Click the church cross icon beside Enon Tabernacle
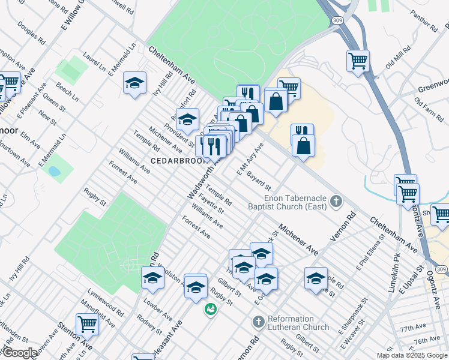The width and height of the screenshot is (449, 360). [336, 202]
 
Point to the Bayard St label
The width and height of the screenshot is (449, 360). [259, 179]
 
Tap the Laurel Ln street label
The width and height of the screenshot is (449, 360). [95, 58]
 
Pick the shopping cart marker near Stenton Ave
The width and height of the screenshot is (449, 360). [88, 325]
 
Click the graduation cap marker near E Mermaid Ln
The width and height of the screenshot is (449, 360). [135, 83]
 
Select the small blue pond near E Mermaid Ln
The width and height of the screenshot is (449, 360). [55, 171]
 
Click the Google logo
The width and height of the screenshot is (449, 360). [20, 353]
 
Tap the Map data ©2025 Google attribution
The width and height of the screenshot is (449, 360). [411, 355]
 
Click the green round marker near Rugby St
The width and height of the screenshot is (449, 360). [210, 310]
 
